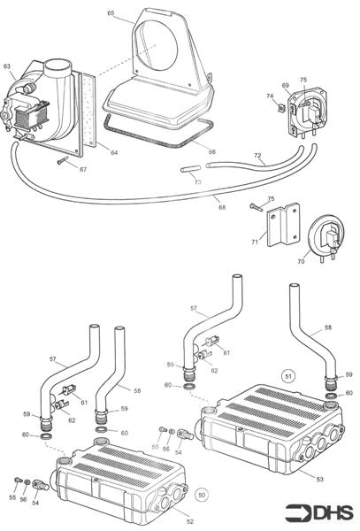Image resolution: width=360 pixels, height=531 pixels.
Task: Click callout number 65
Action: pos(111,13)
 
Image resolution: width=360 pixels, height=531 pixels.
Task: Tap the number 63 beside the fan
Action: pos(7,66)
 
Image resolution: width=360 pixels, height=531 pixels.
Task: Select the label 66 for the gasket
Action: pos(211,152)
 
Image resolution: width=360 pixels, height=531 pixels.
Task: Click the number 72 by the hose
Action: pos(257,156)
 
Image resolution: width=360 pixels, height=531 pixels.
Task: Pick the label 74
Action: pos(270,96)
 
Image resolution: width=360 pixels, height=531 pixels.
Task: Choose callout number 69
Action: pos(286,86)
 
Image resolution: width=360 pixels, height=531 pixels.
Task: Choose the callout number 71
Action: pos(255,241)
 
